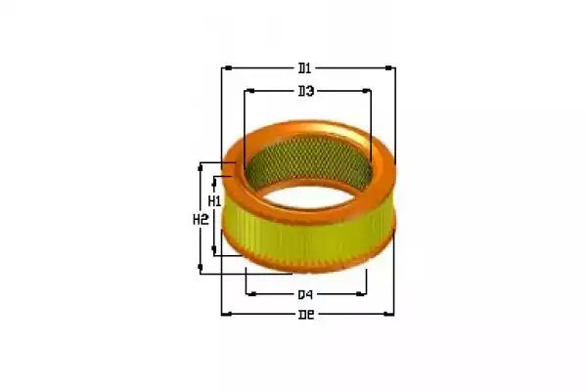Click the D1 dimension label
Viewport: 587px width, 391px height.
coord(304,68)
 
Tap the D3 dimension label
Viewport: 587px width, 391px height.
coord(306,91)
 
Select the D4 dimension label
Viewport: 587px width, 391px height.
coord(305,295)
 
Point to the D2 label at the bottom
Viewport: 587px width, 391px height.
coord(306,315)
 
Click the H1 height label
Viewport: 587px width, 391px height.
coord(214,201)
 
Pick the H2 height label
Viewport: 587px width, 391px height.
coord(201,220)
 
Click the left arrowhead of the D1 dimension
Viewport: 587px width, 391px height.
coord(228,68)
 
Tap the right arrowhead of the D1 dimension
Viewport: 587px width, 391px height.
coord(389,68)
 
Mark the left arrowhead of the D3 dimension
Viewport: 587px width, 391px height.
coord(250,91)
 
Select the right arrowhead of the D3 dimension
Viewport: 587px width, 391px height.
coord(366,91)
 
